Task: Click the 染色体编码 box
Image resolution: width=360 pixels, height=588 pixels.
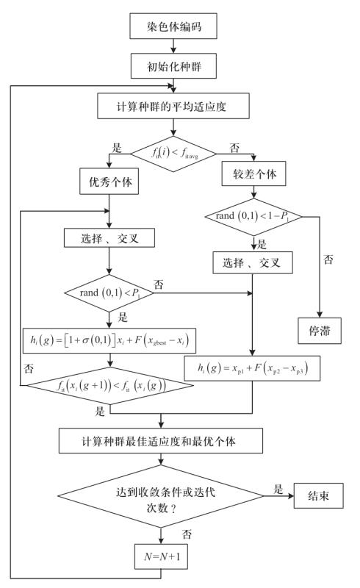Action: tap(173, 26)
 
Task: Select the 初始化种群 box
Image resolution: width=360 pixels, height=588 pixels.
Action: tap(173, 66)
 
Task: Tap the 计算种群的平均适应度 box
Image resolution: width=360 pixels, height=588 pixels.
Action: tap(173, 106)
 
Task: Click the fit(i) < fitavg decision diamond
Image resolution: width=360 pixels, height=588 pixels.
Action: tap(173, 154)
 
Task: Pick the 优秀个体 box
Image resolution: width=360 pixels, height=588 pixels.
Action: tap(109, 181)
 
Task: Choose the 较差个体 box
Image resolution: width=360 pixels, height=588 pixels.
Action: tap(254, 173)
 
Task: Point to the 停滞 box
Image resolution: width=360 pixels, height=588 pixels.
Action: tap(320, 331)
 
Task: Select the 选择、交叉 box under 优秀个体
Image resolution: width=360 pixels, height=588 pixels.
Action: tap(109, 237)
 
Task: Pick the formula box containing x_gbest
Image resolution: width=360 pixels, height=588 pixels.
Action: tap(109, 340)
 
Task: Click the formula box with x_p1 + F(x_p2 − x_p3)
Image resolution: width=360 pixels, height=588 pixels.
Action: tap(252, 368)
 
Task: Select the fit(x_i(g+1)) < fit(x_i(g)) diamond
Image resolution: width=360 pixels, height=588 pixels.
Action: tap(109, 385)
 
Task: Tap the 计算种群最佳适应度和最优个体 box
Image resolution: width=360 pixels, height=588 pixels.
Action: tap(160, 440)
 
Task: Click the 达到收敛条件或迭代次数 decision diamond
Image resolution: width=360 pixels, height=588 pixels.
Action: tap(161, 495)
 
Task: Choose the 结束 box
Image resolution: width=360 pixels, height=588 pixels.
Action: tap(318, 495)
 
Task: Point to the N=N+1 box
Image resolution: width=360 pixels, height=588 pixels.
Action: tap(161, 556)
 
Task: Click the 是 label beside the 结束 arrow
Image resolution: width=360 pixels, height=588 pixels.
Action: tap(278, 489)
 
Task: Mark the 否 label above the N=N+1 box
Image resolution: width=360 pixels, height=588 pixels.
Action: tap(187, 534)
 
